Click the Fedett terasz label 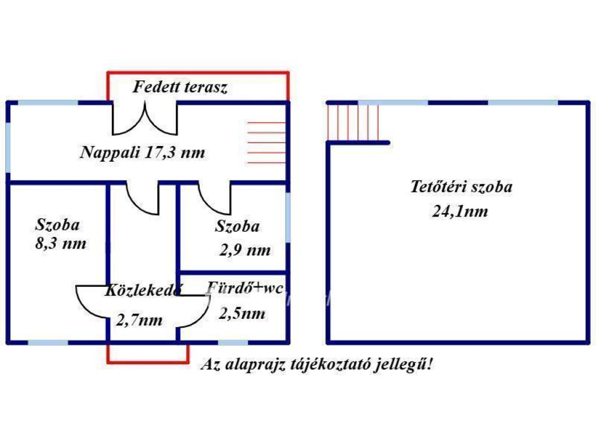180,87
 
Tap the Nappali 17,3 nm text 143,152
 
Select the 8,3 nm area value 61,243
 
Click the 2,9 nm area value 245,250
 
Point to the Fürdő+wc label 244,288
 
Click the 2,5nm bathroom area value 242,314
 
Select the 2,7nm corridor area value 139,320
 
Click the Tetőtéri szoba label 462,187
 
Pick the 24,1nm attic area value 460,211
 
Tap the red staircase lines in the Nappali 266,143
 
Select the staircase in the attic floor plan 353,123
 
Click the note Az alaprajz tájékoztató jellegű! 317,364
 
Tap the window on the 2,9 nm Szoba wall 288,218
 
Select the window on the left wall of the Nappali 8,147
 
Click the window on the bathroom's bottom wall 233,343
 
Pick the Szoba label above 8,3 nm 58,225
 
